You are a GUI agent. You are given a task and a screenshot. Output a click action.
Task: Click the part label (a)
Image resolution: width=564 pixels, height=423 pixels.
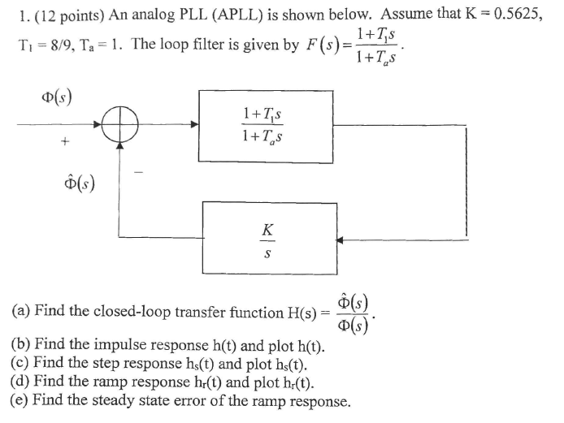(x=21, y=311)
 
